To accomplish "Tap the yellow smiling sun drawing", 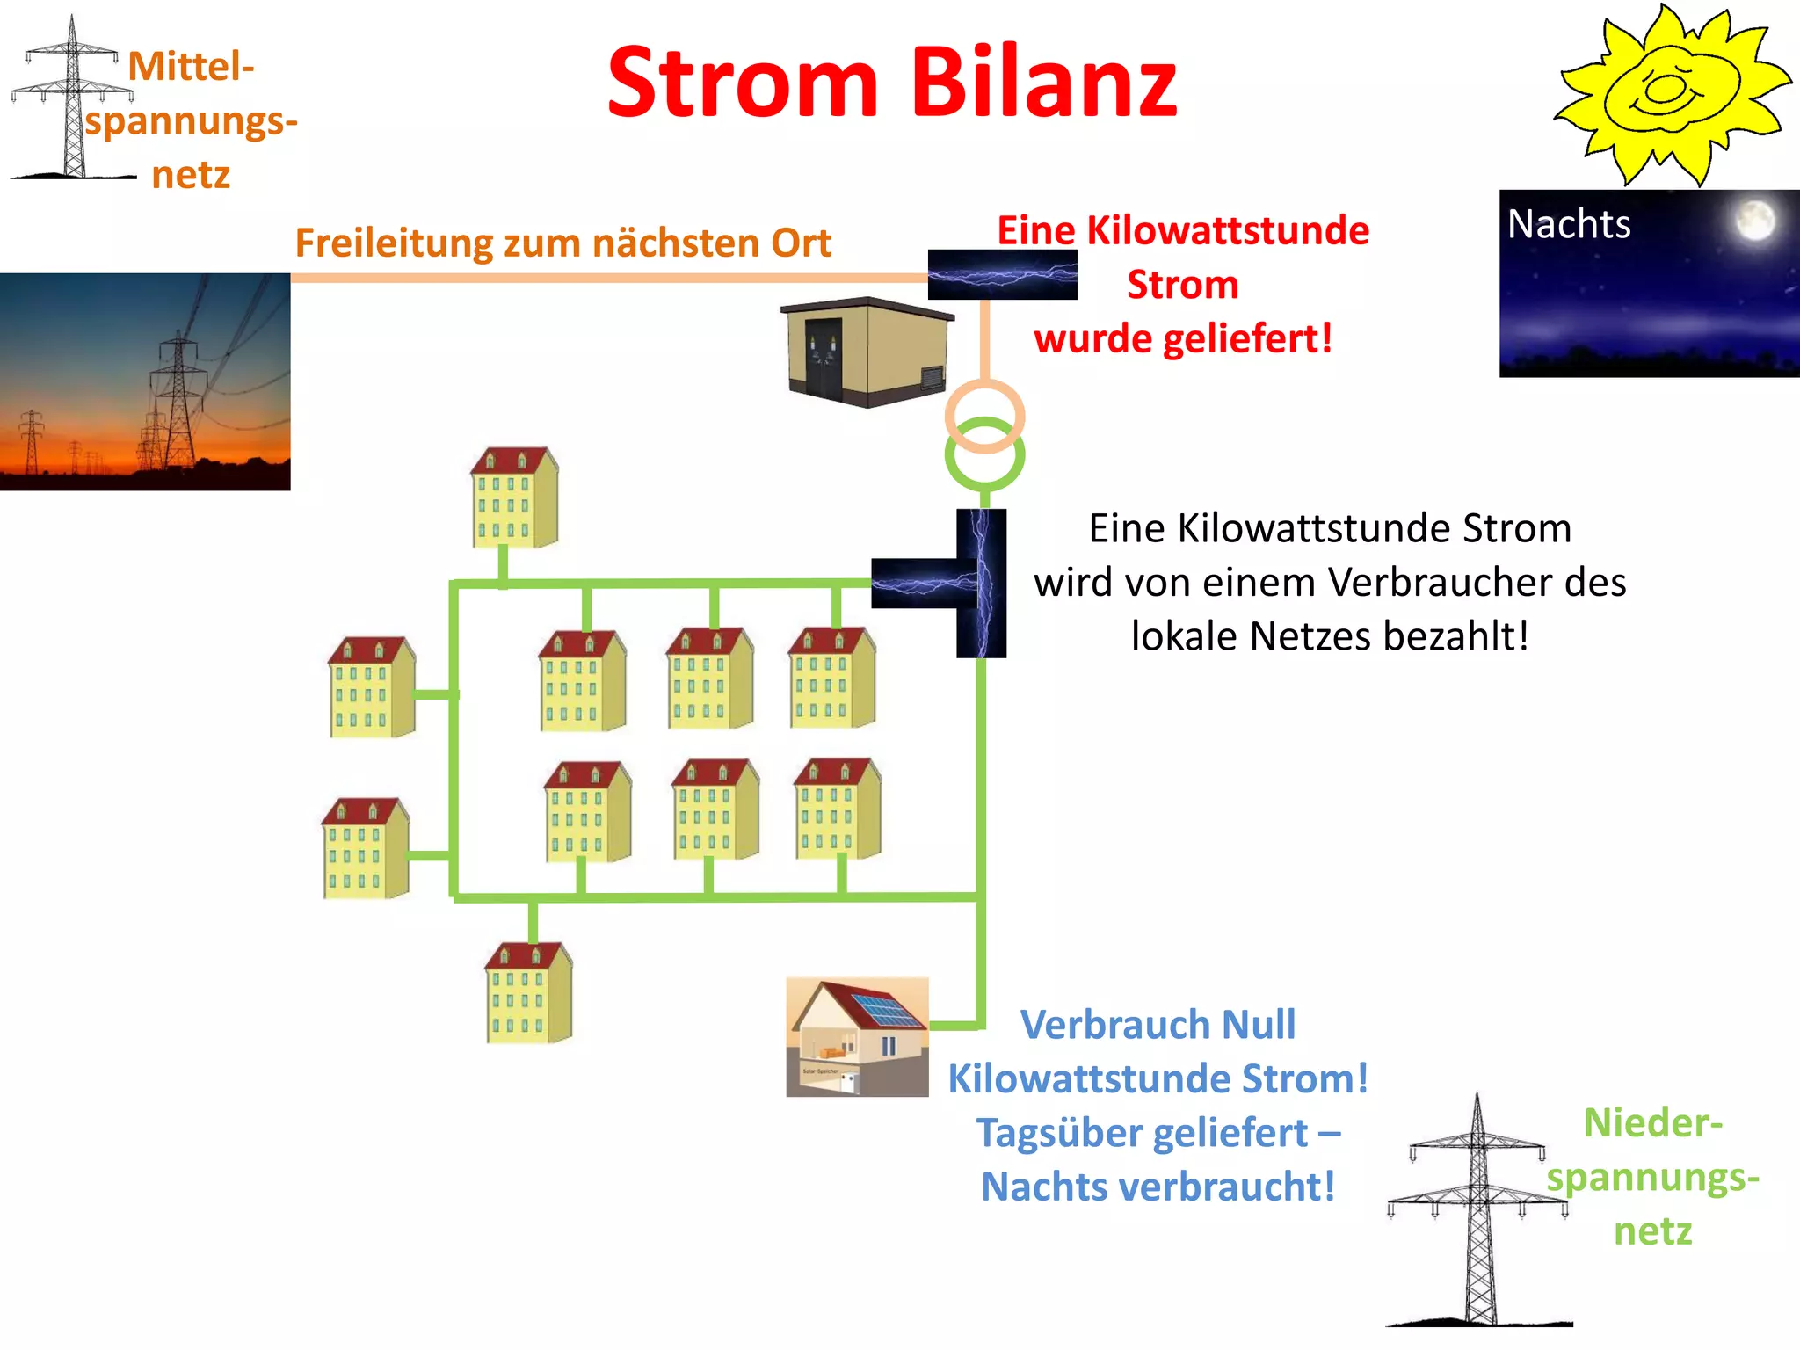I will (x=1670, y=95).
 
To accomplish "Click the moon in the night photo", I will (x=1754, y=220).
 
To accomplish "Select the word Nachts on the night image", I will (x=1569, y=224).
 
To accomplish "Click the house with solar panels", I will (x=857, y=1037).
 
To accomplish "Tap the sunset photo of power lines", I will (x=145, y=381).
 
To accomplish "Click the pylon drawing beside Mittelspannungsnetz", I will (x=73, y=101).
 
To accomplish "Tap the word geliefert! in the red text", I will (x=1246, y=339).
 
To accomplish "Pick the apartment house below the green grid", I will (x=529, y=993).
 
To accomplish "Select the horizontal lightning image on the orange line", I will (x=1002, y=274).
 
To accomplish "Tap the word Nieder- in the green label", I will (x=1652, y=1123).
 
